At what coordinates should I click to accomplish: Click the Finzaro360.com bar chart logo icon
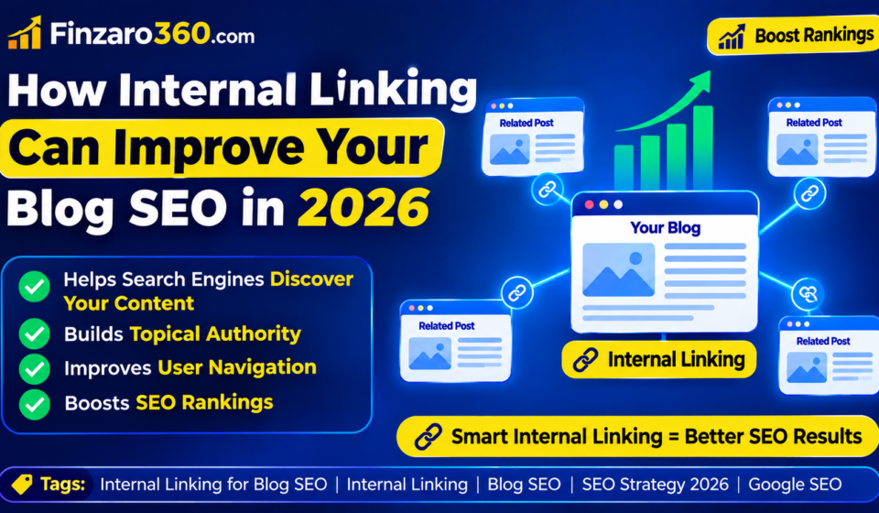pos(25,32)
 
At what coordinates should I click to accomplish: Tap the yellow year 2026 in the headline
pos(364,207)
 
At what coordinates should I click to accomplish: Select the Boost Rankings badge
pos(793,36)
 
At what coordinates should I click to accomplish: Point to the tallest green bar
pos(703,147)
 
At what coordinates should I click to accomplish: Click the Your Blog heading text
pos(666,228)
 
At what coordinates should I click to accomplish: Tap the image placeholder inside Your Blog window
pos(618,269)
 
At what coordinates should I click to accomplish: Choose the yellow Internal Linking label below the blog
pos(658,359)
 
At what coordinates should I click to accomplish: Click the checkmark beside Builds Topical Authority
pos(34,333)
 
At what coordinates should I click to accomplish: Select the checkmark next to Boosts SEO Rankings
pos(34,404)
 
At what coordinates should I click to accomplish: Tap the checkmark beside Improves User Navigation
pos(34,369)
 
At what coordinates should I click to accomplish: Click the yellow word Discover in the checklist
pos(311,279)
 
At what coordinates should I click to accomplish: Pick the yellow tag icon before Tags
pos(22,484)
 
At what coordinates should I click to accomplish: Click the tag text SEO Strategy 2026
pos(656,485)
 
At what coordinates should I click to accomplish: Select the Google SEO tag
pos(795,485)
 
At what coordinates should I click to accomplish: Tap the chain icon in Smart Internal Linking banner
pos(429,437)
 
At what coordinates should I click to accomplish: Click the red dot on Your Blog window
pos(589,204)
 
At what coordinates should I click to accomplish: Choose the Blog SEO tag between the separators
pos(524,485)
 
